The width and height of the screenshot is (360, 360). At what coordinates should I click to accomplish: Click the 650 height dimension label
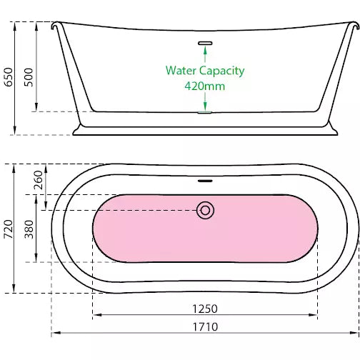tap(9, 77)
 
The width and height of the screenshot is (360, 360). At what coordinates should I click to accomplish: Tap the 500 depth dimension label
tap(29, 77)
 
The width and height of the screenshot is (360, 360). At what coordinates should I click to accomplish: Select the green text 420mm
tap(205, 86)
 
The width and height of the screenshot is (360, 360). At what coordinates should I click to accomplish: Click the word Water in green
tap(181, 71)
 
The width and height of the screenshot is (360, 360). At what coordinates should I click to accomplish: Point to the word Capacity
tap(222, 71)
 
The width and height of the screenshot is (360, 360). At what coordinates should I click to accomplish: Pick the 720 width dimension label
tap(9, 229)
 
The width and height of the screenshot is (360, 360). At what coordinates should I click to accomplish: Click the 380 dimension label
tap(29, 229)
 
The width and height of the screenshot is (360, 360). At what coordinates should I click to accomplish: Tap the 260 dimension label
tap(38, 180)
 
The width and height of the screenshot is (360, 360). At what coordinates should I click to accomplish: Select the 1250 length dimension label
tap(205, 309)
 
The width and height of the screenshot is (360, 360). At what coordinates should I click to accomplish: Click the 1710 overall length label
tap(205, 327)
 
